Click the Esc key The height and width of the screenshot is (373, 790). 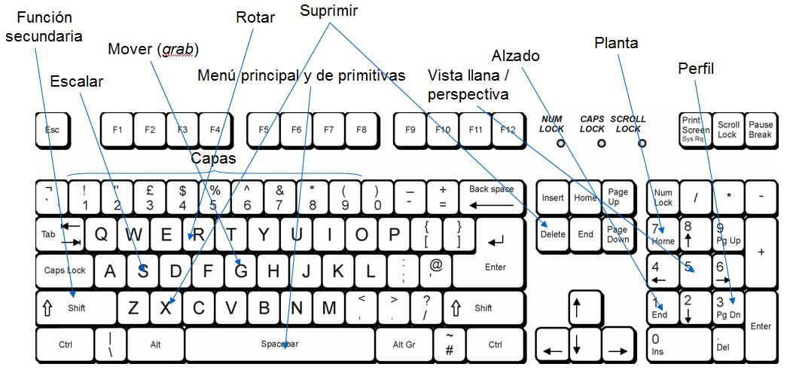(x=51, y=130)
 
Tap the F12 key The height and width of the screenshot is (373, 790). (x=508, y=130)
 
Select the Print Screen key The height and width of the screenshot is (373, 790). (x=694, y=130)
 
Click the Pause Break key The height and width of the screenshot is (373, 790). (x=760, y=130)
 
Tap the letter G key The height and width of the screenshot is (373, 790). (x=241, y=270)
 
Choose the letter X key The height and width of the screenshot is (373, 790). (x=166, y=307)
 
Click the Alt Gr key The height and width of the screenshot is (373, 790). (x=404, y=344)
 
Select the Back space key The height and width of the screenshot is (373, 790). (x=491, y=198)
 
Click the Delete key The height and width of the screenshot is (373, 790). (x=553, y=234)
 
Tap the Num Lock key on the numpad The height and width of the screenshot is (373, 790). (x=663, y=198)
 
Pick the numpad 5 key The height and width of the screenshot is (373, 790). (x=695, y=270)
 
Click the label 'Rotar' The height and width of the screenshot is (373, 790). (x=255, y=17)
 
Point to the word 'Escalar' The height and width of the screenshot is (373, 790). (x=76, y=81)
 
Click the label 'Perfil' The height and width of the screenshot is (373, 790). (x=696, y=69)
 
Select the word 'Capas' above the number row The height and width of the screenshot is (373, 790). (x=213, y=158)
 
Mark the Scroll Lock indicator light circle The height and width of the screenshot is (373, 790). (x=639, y=142)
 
